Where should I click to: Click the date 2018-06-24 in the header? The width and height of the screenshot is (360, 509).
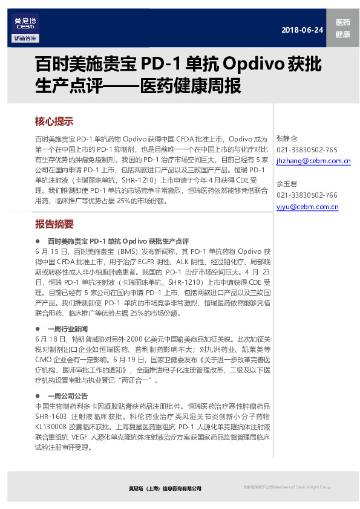pos(303,30)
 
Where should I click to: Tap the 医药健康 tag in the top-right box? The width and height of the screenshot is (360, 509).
pos(342,28)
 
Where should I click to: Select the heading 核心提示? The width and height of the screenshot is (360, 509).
pos(54,121)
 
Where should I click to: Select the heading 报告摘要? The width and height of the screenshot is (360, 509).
pos(54,224)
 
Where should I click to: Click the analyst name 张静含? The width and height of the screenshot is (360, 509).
pos(287,139)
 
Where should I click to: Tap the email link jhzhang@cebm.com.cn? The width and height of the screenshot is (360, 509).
pos(313,161)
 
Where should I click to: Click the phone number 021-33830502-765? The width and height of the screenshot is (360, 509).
pos(307,150)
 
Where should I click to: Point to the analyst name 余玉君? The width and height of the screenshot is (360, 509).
pos(287,184)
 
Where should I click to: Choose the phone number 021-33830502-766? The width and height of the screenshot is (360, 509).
pos(307,195)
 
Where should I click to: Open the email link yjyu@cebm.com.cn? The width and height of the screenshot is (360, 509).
pos(307,207)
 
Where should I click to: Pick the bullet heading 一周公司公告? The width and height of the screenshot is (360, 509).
pos(67,395)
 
